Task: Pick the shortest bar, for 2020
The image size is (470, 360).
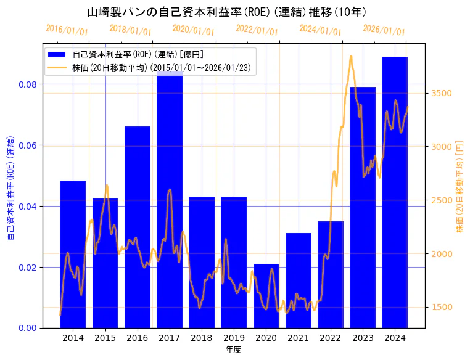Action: (266, 296)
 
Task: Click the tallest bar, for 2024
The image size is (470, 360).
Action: (395, 192)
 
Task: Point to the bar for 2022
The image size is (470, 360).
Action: (330, 274)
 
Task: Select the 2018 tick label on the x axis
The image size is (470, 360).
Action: (201, 338)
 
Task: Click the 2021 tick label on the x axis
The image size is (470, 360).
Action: (298, 338)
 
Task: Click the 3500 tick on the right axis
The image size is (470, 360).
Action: (443, 93)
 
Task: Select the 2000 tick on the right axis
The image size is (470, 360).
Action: (443, 253)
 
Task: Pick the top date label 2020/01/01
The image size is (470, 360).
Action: (193, 30)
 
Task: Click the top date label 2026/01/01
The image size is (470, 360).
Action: (384, 30)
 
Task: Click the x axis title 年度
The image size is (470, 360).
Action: (233, 350)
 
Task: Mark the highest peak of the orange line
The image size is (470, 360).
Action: (351, 56)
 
